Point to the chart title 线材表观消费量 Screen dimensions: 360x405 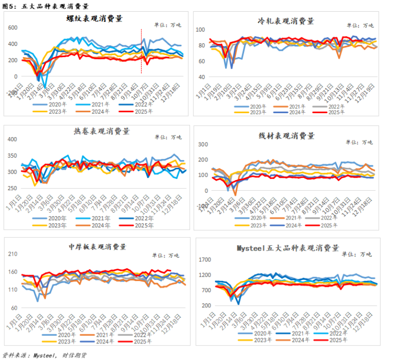coord(286,136)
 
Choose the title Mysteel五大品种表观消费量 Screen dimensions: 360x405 coord(288,248)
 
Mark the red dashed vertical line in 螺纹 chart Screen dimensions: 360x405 coord(142,51)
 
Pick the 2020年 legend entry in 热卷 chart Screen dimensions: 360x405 coord(56,219)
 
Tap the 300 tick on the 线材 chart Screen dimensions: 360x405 coord(202,144)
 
